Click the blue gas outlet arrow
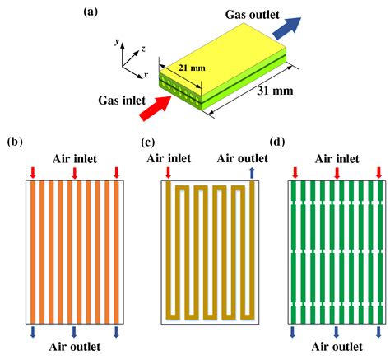(x=286, y=28)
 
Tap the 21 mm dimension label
(x=192, y=68)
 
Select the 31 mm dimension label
(x=275, y=91)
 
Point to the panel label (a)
(x=91, y=12)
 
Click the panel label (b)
(x=15, y=142)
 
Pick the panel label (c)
(x=148, y=142)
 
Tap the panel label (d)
(x=277, y=142)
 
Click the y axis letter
(x=118, y=42)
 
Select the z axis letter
(x=143, y=49)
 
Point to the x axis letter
(x=146, y=75)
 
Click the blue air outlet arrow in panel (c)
(x=252, y=173)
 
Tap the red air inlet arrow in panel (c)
(x=169, y=173)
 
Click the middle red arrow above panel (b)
(x=75, y=173)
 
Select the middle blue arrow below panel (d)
(x=337, y=332)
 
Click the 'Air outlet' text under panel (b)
(x=75, y=347)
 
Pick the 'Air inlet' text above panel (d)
(x=337, y=159)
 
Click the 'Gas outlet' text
(x=252, y=15)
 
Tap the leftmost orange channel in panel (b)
(x=33, y=252)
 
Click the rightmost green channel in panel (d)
(x=380, y=252)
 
